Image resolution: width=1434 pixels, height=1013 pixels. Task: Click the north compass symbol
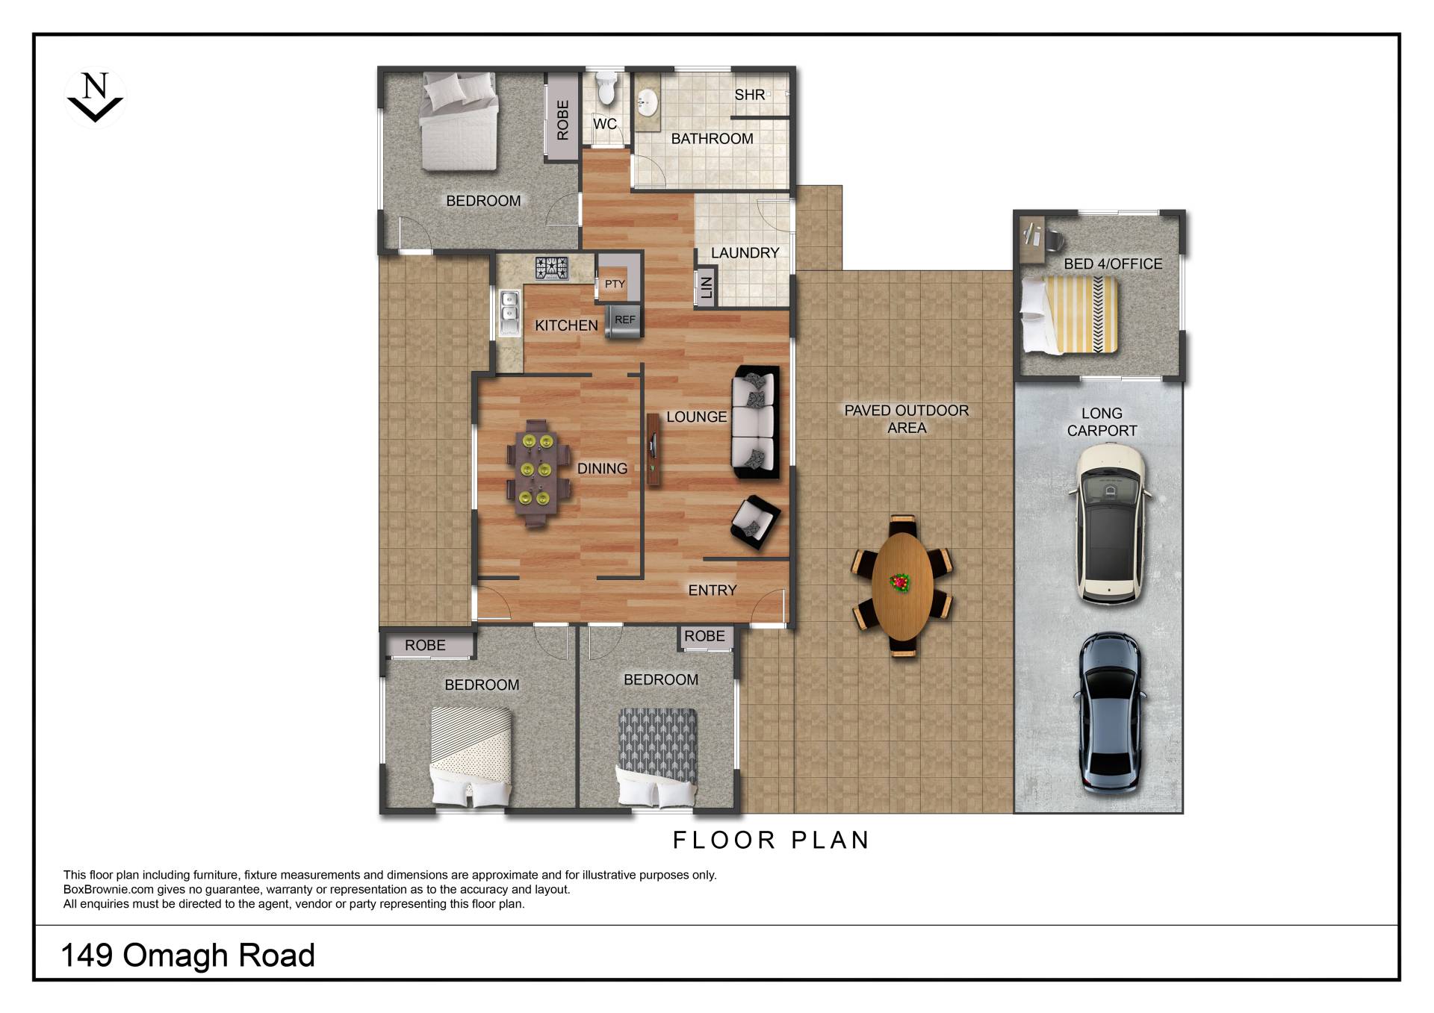click(x=95, y=97)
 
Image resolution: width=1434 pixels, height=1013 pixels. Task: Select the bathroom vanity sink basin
click(x=647, y=102)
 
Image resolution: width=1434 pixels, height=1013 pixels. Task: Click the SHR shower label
click(x=749, y=95)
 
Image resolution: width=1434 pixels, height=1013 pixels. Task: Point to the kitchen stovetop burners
click(x=552, y=268)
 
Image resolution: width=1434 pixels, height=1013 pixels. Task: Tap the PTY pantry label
click(x=615, y=284)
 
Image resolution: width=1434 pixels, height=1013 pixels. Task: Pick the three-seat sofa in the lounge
click(x=756, y=422)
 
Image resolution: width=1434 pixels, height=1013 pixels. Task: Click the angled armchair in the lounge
click(x=755, y=521)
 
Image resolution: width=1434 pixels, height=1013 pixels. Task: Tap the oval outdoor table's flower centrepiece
click(x=901, y=582)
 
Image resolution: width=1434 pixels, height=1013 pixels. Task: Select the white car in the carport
click(x=1110, y=523)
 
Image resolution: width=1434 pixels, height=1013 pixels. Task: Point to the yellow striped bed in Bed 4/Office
click(x=1070, y=314)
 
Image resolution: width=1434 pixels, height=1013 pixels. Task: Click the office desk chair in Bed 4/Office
click(x=1053, y=239)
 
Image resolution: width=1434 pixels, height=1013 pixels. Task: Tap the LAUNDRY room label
click(x=745, y=253)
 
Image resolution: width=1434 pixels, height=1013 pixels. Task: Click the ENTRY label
click(x=713, y=590)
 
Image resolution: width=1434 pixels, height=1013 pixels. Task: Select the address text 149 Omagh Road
click(x=188, y=956)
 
